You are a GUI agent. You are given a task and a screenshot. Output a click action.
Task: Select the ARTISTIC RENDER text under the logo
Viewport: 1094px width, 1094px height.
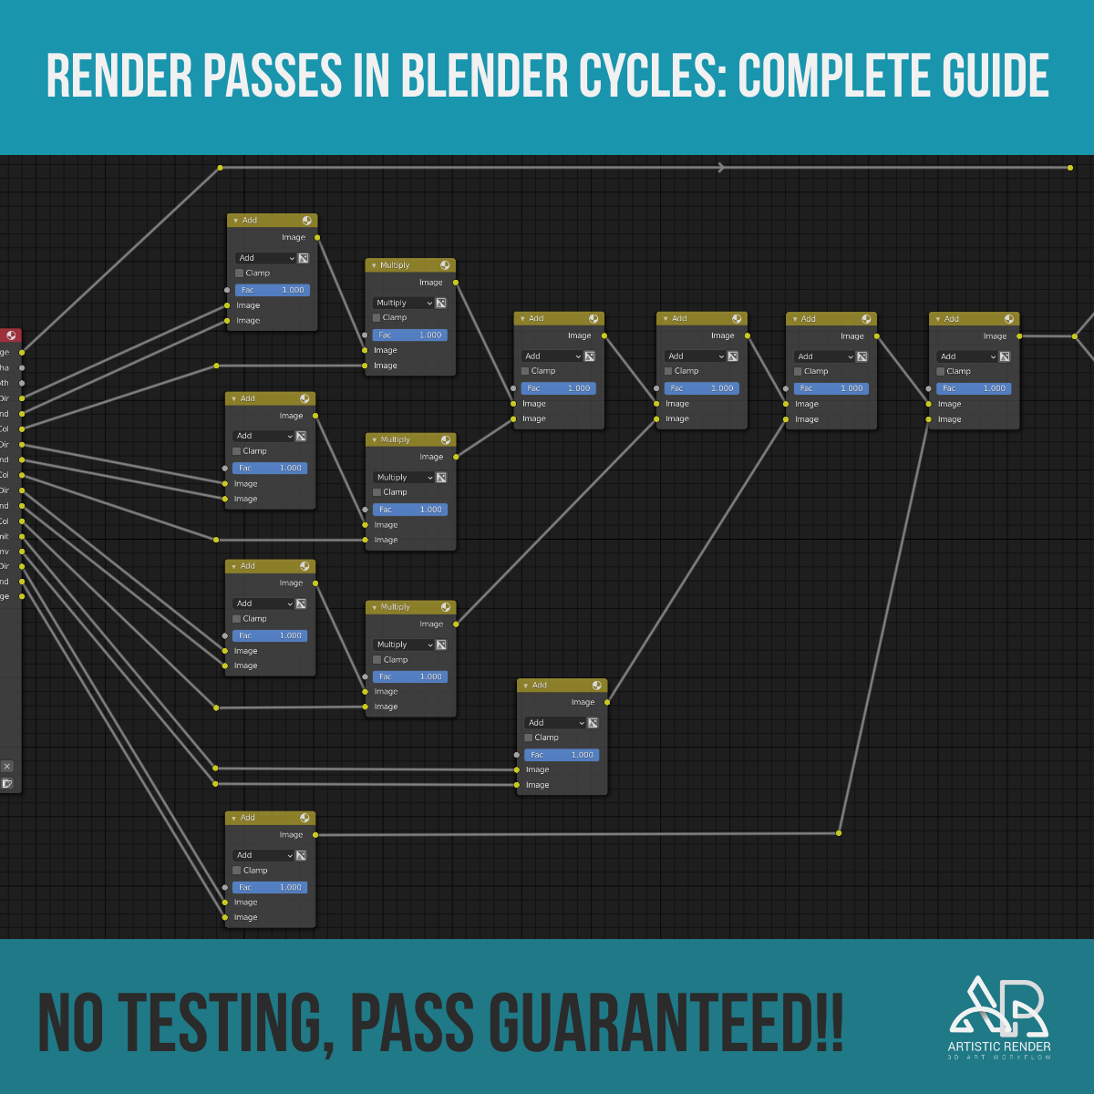[x=998, y=1047]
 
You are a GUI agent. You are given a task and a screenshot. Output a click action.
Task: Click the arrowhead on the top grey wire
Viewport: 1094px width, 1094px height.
[x=721, y=168]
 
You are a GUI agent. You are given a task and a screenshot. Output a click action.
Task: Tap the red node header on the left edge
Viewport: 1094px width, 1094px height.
[x=10, y=335]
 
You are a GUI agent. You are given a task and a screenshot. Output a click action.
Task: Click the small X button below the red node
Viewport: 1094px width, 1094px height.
[x=7, y=767]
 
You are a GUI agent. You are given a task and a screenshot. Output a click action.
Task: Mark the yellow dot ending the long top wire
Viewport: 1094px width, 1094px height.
[x=1070, y=168]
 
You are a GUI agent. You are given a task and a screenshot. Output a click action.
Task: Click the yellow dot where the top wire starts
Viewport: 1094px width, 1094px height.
[x=220, y=168]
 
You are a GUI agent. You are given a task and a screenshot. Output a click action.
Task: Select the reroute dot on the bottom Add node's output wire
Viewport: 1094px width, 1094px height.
[x=839, y=833]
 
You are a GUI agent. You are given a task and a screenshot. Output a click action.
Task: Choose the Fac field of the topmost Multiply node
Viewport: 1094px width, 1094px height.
[x=409, y=335]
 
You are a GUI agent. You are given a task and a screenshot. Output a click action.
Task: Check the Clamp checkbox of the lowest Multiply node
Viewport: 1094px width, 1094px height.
[x=377, y=659]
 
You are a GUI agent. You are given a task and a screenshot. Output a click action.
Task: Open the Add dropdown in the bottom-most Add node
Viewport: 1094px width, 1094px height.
[x=264, y=855]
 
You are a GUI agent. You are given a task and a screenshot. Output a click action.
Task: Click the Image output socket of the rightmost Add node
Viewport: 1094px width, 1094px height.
[x=1019, y=336]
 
